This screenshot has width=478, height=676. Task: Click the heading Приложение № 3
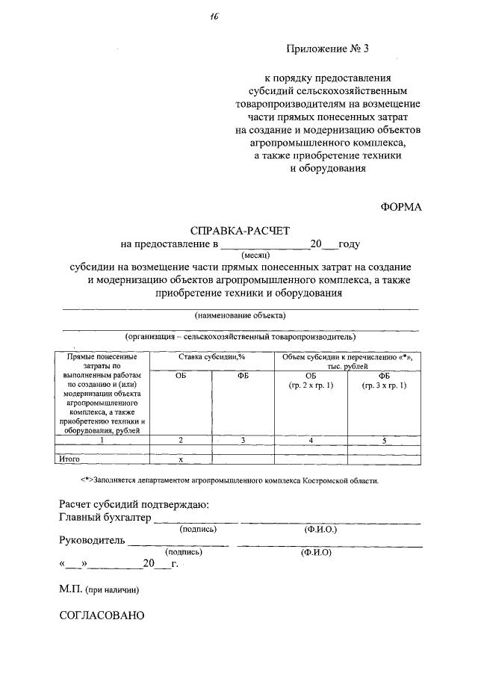click(x=328, y=49)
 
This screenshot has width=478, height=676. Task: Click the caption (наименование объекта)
click(x=240, y=314)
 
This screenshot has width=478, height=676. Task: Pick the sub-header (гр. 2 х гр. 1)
click(x=311, y=385)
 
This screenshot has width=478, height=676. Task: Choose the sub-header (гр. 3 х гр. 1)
click(x=384, y=385)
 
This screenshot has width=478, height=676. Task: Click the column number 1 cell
click(x=102, y=441)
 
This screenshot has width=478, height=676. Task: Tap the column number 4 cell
click(x=311, y=441)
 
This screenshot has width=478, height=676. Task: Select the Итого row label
click(x=69, y=459)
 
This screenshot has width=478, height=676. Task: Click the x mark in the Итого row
click(x=180, y=459)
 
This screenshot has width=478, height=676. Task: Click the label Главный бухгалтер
click(x=105, y=517)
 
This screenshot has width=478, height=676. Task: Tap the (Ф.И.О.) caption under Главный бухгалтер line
click(x=321, y=529)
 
